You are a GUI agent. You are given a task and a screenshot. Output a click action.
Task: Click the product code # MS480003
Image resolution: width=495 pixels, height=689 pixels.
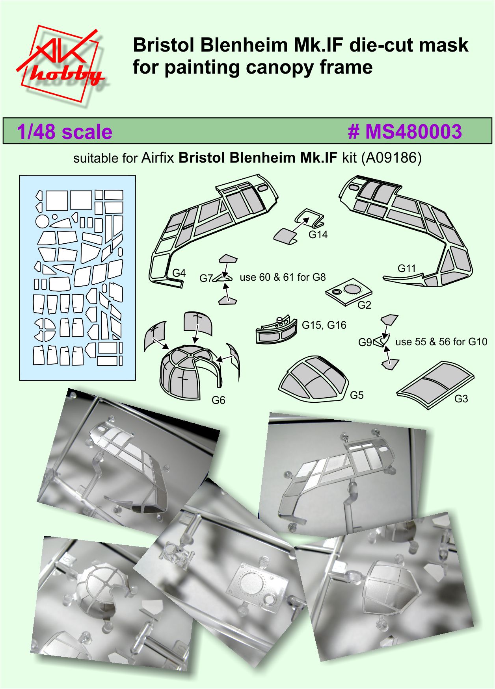point(405,131)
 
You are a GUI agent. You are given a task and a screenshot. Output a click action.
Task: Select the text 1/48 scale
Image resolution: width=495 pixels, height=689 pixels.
point(65,132)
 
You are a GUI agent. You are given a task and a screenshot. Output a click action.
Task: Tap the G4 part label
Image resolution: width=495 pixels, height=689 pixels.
point(179,273)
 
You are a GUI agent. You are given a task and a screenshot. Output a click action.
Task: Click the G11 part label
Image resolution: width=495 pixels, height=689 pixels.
point(407,269)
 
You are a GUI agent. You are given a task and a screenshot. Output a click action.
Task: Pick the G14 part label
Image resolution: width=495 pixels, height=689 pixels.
point(318,235)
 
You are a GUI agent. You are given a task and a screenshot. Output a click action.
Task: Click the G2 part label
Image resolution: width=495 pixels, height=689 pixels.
point(364,305)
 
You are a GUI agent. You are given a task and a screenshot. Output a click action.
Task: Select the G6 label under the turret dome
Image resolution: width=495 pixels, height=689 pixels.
point(218,400)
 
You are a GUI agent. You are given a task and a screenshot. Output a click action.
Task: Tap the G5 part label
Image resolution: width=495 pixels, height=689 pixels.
point(357,395)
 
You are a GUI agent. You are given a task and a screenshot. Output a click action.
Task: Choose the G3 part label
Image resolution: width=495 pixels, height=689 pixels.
point(461,399)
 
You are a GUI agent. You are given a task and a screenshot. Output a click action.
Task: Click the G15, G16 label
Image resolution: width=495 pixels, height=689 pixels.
point(324,325)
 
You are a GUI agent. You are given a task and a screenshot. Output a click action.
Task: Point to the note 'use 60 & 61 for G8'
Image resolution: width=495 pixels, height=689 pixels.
point(283,277)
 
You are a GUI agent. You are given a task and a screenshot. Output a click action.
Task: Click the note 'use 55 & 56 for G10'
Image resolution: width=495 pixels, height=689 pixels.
point(441,342)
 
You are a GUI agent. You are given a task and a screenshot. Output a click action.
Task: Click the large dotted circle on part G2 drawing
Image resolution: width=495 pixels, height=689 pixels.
point(352,289)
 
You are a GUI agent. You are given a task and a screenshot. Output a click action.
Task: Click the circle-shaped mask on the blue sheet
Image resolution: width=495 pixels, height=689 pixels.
point(42,221)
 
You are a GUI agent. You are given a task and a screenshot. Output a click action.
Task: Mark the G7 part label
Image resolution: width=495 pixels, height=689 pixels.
point(206,278)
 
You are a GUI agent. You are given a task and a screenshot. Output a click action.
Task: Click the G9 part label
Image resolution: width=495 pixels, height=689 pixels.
point(365,343)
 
